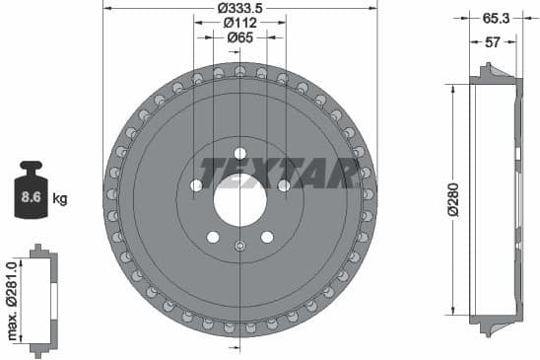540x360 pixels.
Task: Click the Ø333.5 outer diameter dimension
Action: pos(240,8)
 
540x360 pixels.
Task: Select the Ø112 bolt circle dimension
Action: pos(240,23)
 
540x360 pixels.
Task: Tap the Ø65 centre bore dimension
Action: pos(240,37)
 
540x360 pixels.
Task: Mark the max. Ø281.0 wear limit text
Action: pos(11,298)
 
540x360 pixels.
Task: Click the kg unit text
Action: pos(59,199)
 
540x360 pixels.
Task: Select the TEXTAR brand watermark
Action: pos(279,174)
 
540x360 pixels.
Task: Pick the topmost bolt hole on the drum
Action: pos(239,153)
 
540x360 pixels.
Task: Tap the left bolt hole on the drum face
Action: pos(195,185)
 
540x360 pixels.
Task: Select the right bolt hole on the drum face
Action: pos(284,185)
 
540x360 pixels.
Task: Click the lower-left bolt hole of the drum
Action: pos(213,237)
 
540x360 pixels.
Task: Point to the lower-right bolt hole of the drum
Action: pos(266,237)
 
